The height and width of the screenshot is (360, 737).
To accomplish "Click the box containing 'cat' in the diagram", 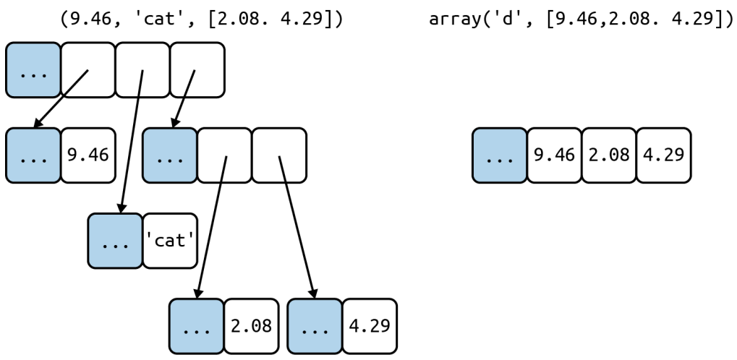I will pyautogui.click(x=170, y=241).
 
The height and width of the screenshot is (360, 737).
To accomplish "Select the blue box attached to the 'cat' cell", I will pyautogui.click(x=115, y=241).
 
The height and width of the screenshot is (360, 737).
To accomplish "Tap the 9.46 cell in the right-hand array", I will pyautogui.click(x=554, y=155).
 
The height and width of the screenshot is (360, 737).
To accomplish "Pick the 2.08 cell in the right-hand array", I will pyautogui.click(x=608, y=155).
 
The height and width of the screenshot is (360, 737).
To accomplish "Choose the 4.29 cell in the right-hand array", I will pyautogui.click(x=663, y=155).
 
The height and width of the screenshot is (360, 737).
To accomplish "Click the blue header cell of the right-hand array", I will pyautogui.click(x=500, y=155).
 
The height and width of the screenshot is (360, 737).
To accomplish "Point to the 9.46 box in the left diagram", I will pyautogui.click(x=88, y=155).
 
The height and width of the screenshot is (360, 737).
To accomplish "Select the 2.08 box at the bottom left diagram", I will pyautogui.click(x=251, y=326).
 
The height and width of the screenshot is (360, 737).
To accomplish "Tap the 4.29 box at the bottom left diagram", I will pyautogui.click(x=369, y=326).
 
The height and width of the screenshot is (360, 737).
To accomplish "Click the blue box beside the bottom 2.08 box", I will pyautogui.click(x=196, y=326).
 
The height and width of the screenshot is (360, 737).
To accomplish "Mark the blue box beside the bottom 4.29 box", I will pyautogui.click(x=314, y=326).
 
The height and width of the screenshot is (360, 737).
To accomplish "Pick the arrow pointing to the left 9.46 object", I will pyautogui.click(x=60, y=98).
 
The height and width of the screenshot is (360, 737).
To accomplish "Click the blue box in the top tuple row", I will pyautogui.click(x=33, y=70).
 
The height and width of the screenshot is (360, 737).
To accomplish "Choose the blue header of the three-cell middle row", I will pyautogui.click(x=170, y=155).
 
